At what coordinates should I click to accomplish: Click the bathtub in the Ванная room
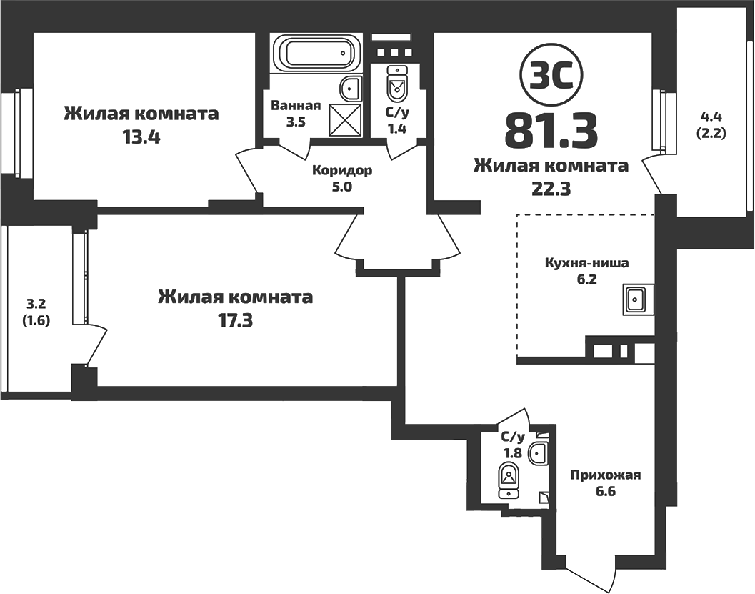tap(315, 53)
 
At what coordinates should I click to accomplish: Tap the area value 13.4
tap(141, 137)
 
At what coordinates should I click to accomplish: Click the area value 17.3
tap(235, 320)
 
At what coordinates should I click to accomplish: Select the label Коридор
tap(342, 171)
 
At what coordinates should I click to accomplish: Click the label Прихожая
tap(605, 475)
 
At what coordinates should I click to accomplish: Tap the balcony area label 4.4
tap(712, 117)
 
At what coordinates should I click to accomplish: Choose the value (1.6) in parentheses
tap(35, 320)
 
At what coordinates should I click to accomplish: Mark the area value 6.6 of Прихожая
tap(604, 492)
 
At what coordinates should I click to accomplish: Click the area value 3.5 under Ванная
tap(296, 122)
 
